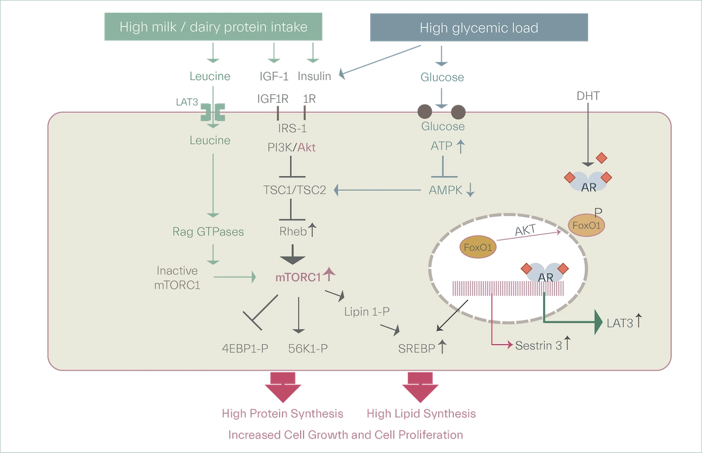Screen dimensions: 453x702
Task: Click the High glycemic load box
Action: (x=479, y=27)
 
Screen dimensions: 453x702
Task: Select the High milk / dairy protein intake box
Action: (x=214, y=26)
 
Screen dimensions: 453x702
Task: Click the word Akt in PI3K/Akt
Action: (x=307, y=147)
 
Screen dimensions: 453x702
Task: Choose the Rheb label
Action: (x=293, y=231)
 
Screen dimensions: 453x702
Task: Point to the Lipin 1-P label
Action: (x=367, y=312)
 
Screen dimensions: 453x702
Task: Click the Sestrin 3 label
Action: (x=538, y=345)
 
